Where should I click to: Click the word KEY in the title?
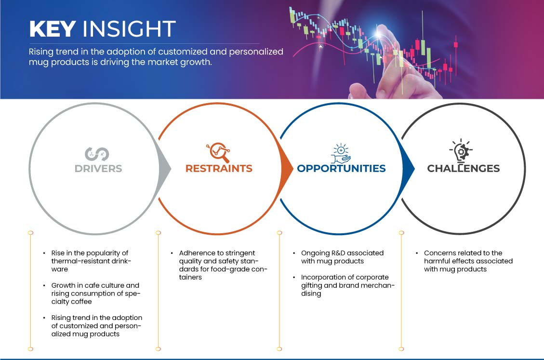[x=53, y=29]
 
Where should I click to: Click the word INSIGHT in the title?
[x=129, y=29]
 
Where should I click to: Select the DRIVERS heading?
[x=98, y=169]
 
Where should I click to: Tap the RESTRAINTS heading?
[x=219, y=168]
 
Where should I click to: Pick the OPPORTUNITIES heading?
[x=341, y=168]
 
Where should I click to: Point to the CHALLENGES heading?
[x=463, y=168]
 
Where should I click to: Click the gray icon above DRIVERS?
[x=97, y=154]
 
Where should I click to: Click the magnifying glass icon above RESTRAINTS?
[x=218, y=152]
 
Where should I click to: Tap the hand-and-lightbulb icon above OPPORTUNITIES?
[x=341, y=153]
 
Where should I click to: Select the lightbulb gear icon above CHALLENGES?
[x=461, y=151]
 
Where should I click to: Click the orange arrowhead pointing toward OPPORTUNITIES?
[x=287, y=169]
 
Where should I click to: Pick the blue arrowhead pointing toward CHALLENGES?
[x=408, y=169]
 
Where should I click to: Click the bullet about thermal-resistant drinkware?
[x=91, y=261]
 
